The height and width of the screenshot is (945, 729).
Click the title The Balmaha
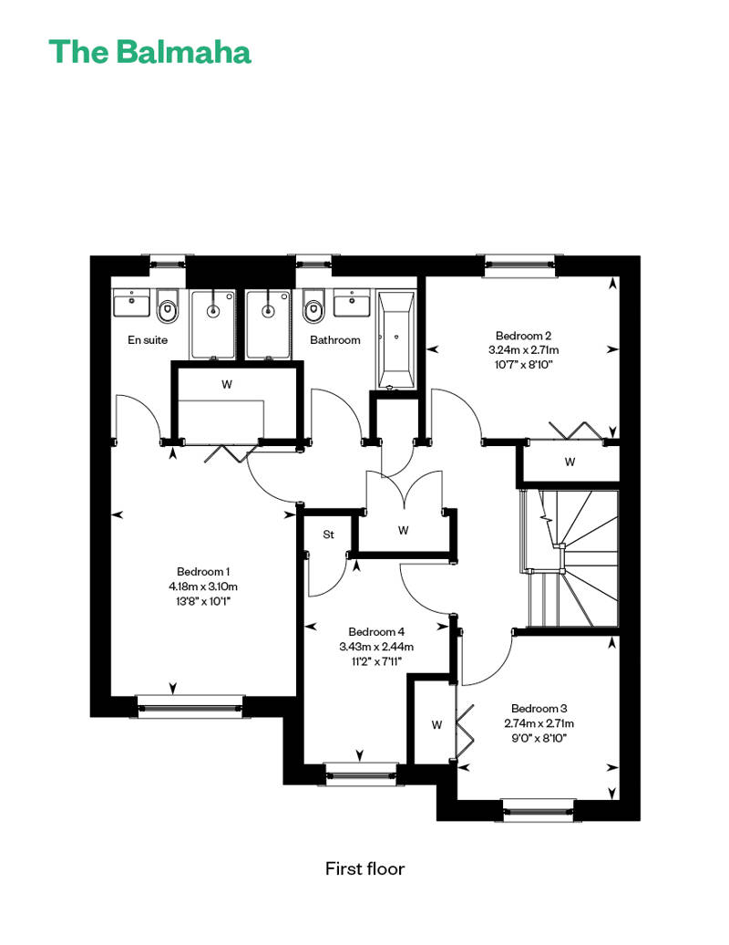point(149,52)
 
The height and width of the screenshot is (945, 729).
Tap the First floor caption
point(364,868)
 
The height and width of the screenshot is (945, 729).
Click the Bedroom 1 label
point(203,571)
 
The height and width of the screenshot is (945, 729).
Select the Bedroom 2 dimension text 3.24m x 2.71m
point(524,349)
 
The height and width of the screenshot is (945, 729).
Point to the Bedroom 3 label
point(539,708)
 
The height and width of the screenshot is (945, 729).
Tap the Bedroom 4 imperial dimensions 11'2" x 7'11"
point(377,661)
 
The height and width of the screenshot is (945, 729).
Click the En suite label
point(148,340)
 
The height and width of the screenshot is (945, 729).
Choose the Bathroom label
point(335,340)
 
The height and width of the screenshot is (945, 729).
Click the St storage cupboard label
point(329,535)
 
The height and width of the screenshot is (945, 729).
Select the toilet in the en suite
point(168,306)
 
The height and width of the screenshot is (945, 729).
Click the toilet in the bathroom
point(312,306)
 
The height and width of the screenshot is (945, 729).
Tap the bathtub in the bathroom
point(395,340)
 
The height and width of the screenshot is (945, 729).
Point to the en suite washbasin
point(131,303)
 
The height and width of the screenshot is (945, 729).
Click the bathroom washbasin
point(352,303)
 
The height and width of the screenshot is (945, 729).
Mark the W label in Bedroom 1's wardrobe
point(227,384)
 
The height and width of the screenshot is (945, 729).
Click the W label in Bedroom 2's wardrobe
point(570,462)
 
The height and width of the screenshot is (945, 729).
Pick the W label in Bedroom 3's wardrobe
point(437,724)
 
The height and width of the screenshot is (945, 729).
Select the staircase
point(570,558)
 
